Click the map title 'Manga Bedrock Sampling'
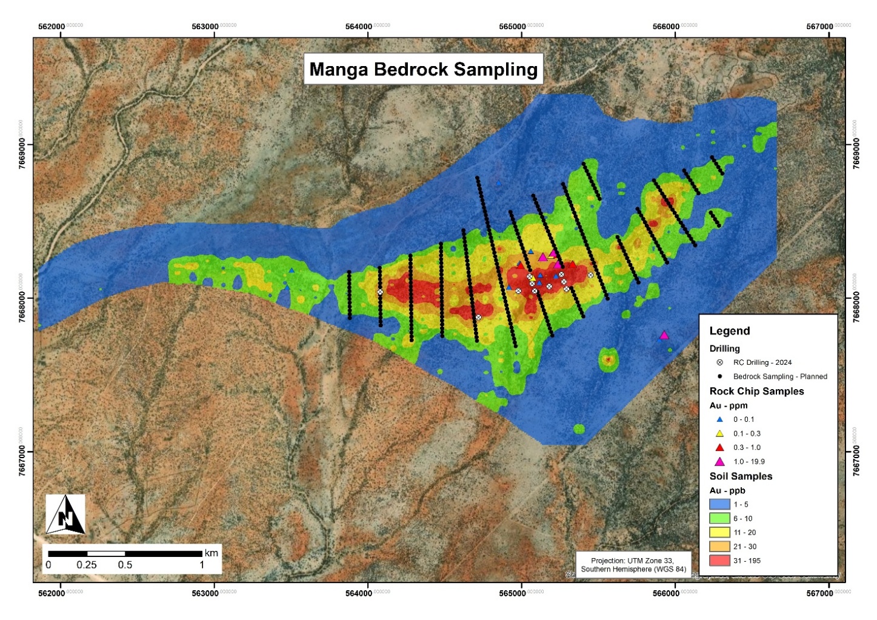pyautogui.click(x=423, y=69)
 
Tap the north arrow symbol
pyautogui.click(x=65, y=515)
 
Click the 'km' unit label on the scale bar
pyautogui.click(x=211, y=553)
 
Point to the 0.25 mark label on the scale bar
pyautogui.click(x=87, y=565)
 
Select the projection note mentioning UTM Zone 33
pyautogui.click(x=633, y=564)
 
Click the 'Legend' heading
pyautogui.click(x=729, y=331)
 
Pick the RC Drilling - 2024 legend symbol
pyautogui.click(x=720, y=362)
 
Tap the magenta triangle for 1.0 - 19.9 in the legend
pyautogui.click(x=720, y=461)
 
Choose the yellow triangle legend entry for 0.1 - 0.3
pyautogui.click(x=720, y=433)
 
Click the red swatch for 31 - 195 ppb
pyautogui.click(x=719, y=561)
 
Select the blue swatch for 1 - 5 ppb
pyautogui.click(x=719, y=504)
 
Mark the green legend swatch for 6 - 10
pyautogui.click(x=719, y=518)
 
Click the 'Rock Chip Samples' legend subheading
pyautogui.click(x=756, y=392)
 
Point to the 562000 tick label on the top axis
pyautogui.click(x=52, y=27)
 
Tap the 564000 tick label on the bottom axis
pyautogui.click(x=359, y=593)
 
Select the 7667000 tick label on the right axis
pyautogui.click(x=856, y=451)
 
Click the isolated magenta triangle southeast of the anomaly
pyautogui.click(x=664, y=335)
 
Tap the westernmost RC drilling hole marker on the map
pyautogui.click(x=381, y=292)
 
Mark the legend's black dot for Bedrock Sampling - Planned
pyautogui.click(x=720, y=376)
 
